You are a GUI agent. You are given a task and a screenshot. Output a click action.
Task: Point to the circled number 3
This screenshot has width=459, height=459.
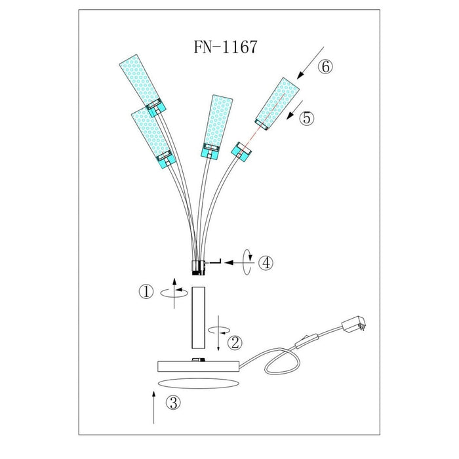coord(172,403)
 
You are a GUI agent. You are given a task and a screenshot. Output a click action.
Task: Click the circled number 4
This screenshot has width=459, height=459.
coord(266,262)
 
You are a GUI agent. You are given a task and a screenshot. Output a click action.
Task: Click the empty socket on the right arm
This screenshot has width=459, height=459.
coord(241,153)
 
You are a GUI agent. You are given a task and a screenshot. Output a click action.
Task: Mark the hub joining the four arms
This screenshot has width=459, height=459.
coord(197,267)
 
